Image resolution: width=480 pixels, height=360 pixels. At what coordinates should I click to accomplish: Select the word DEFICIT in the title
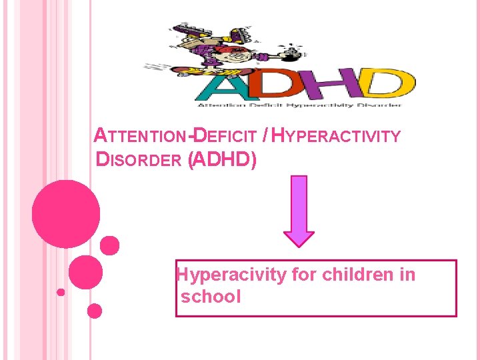tap(224, 137)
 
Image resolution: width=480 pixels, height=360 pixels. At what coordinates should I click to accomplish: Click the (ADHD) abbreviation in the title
tap(223, 160)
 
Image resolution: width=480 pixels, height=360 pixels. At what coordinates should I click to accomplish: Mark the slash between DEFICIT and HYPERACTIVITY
tap(266, 137)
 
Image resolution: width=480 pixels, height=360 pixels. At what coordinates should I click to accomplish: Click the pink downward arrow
tap(299, 211)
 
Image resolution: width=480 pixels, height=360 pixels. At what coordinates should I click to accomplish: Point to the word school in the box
tap(210, 297)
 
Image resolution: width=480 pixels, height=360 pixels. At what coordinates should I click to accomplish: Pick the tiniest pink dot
tap(61, 292)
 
